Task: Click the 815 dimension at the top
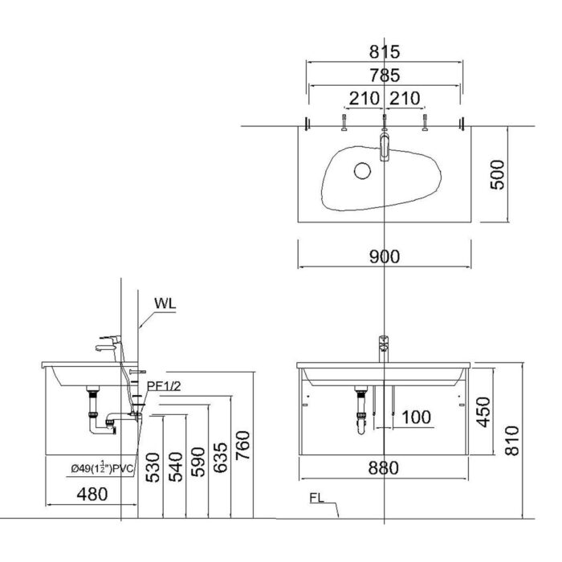click(385, 51)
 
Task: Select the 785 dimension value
click(385, 76)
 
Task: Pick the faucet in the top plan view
click(385, 147)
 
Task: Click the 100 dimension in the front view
click(416, 417)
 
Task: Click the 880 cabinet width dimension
click(385, 468)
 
